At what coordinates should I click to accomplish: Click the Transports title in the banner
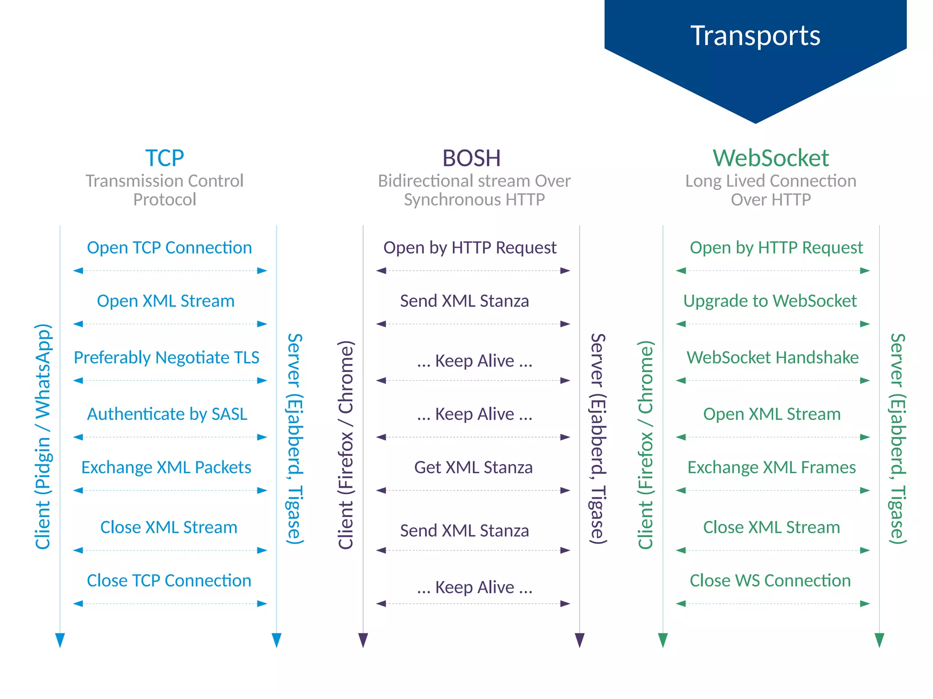coord(755,36)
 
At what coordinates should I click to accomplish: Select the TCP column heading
coord(164,158)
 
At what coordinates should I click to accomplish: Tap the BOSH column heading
coord(472,158)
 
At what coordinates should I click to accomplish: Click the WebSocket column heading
coord(771,158)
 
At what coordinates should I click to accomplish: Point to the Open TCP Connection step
coord(169,248)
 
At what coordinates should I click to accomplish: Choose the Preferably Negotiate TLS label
coord(166,357)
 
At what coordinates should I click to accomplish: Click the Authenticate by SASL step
coord(167,414)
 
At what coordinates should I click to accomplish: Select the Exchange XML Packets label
coord(166,467)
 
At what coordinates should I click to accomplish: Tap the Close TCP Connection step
coord(169,581)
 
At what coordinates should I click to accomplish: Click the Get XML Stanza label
coord(473,467)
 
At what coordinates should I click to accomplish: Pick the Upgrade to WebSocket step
coord(770,301)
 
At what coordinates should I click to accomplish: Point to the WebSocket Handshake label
coord(773,357)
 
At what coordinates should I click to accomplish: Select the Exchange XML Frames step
coord(772,467)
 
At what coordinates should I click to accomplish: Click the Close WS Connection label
coord(770,581)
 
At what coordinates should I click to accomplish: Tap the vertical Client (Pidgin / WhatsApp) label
coord(43,436)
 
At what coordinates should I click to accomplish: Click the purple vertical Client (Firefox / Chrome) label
coord(346,444)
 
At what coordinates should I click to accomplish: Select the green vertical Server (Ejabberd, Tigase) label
coord(897,438)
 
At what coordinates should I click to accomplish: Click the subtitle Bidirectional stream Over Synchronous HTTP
coord(474,190)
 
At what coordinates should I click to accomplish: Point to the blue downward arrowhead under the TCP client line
coord(60,640)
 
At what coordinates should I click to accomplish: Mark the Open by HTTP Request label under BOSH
coord(470,248)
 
